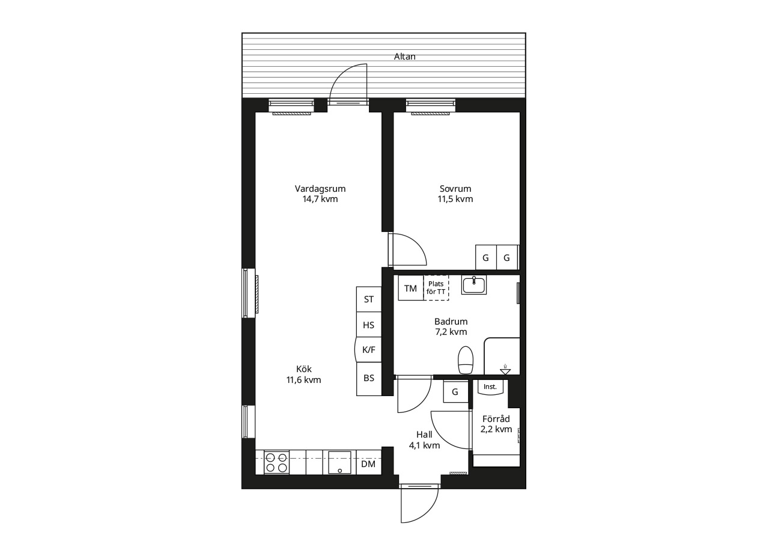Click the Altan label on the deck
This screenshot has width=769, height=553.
coord(404,57)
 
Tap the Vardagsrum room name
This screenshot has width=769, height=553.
coord(320,189)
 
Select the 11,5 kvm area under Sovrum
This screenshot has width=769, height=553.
coord(455,199)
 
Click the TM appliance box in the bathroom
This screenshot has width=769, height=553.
coord(410,288)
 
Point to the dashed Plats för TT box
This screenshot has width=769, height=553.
coord(436,288)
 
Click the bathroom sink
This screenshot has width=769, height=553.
coord(474,285)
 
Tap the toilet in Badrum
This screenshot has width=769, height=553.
coord(466,360)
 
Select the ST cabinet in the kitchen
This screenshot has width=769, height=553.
coord(369,299)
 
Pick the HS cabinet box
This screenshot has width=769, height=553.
coord(369,325)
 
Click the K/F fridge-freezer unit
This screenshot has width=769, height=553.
coord(368,350)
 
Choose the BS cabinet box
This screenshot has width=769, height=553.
coord(369,379)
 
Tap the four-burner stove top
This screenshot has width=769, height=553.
coord(277,463)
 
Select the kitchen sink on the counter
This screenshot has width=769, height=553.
coord(339,462)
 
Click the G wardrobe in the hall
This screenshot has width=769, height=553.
coord(455,391)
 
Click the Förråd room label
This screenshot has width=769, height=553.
coord(496,419)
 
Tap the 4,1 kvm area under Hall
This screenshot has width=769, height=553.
coord(424,445)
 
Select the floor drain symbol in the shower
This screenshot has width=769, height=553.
coord(505,370)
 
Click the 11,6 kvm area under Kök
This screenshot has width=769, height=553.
coord(303,380)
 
